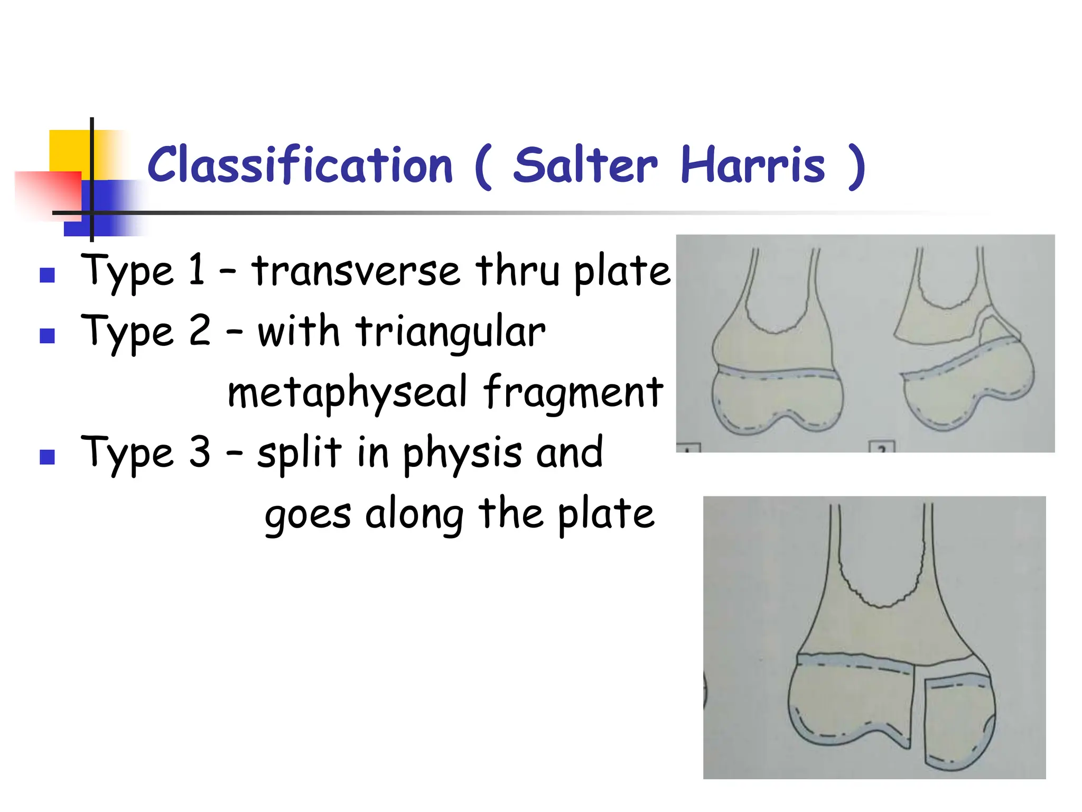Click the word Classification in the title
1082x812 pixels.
click(300, 165)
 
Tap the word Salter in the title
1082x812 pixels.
click(585, 165)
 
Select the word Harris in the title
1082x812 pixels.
click(752, 165)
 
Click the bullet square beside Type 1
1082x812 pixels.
click(48, 275)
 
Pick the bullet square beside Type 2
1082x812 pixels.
click(48, 336)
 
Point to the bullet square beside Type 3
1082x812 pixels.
click(48, 457)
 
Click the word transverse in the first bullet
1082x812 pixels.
click(355, 271)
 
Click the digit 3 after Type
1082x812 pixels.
click(200, 453)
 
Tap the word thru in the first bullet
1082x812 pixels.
click(517, 271)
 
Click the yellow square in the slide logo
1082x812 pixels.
click(69, 151)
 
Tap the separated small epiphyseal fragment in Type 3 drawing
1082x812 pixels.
click(957, 722)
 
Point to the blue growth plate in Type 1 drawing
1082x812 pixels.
click(777, 374)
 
